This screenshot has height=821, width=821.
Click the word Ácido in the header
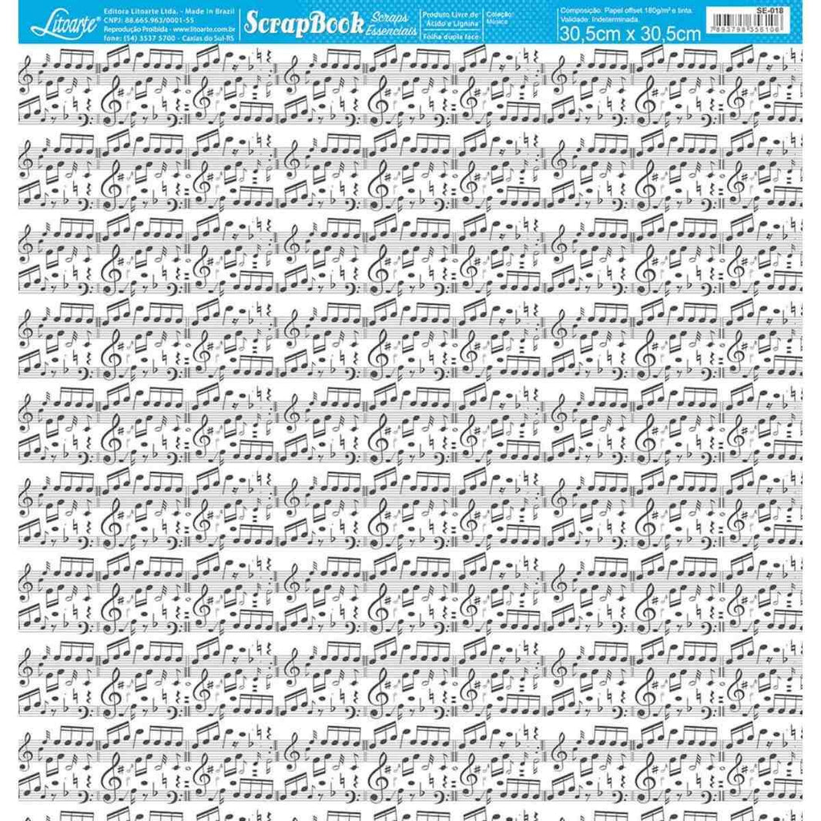tap(440, 24)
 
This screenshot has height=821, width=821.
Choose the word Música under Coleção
tap(501, 22)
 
